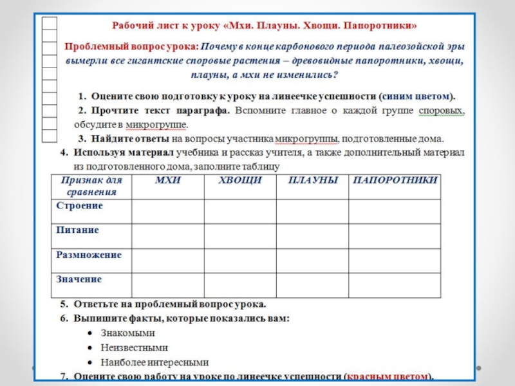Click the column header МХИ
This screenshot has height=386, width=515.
point(167,180)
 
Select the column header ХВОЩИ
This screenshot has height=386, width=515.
point(240,180)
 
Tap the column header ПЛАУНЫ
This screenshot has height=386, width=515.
point(313,180)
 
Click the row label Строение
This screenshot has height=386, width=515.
point(79,205)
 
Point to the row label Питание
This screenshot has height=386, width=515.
point(77,230)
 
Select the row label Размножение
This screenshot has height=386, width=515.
point(89,254)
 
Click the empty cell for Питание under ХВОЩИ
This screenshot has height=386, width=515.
point(240,235)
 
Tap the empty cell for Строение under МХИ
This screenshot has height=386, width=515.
point(167,211)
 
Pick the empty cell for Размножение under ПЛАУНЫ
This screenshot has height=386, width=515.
point(313,260)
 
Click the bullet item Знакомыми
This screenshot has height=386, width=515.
point(127,333)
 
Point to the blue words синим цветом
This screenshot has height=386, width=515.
point(417,96)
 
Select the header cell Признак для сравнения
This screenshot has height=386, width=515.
point(91,186)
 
